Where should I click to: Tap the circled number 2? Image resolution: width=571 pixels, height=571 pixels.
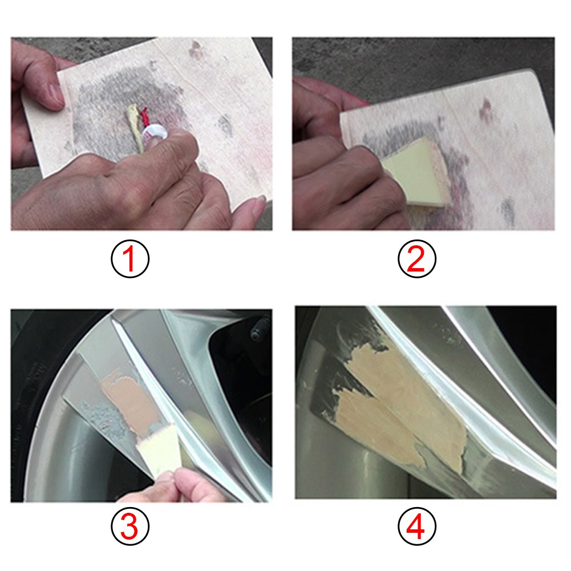click(416, 259)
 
